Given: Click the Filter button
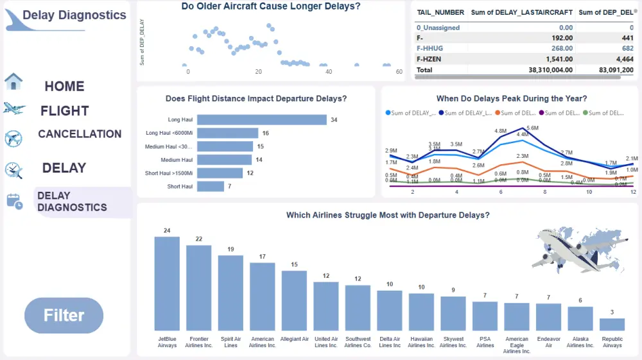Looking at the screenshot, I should tap(64, 315).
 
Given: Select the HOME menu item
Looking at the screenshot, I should tap(64, 86).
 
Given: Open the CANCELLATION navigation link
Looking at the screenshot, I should tap(80, 134).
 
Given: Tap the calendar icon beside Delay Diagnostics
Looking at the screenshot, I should tap(14, 201).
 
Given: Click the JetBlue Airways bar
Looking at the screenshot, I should tap(167, 283).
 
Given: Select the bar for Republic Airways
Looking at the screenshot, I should tap(612, 324).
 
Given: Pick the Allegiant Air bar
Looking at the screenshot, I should tap(294, 300).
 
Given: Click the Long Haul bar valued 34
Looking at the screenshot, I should tap(262, 120).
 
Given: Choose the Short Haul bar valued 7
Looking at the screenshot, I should tap(210, 186).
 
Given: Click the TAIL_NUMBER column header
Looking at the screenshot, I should tap(440, 12).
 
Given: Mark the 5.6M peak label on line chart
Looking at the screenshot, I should tap(532, 128).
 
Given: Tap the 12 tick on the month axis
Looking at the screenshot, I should tap(633, 192).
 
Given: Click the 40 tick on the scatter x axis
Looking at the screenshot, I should tap(329, 72).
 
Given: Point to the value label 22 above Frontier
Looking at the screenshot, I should tap(199, 239).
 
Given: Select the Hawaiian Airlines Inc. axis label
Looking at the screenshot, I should tap(421, 342).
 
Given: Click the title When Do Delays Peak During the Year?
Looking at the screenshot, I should tap(511, 99).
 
